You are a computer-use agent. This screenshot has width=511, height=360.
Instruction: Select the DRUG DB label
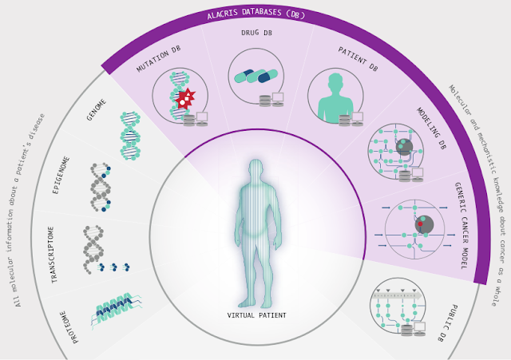[x=255, y=34]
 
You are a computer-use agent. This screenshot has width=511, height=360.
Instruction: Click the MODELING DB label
[x=430, y=128]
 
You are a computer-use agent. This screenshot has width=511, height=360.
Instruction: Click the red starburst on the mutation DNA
[x=186, y=99]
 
